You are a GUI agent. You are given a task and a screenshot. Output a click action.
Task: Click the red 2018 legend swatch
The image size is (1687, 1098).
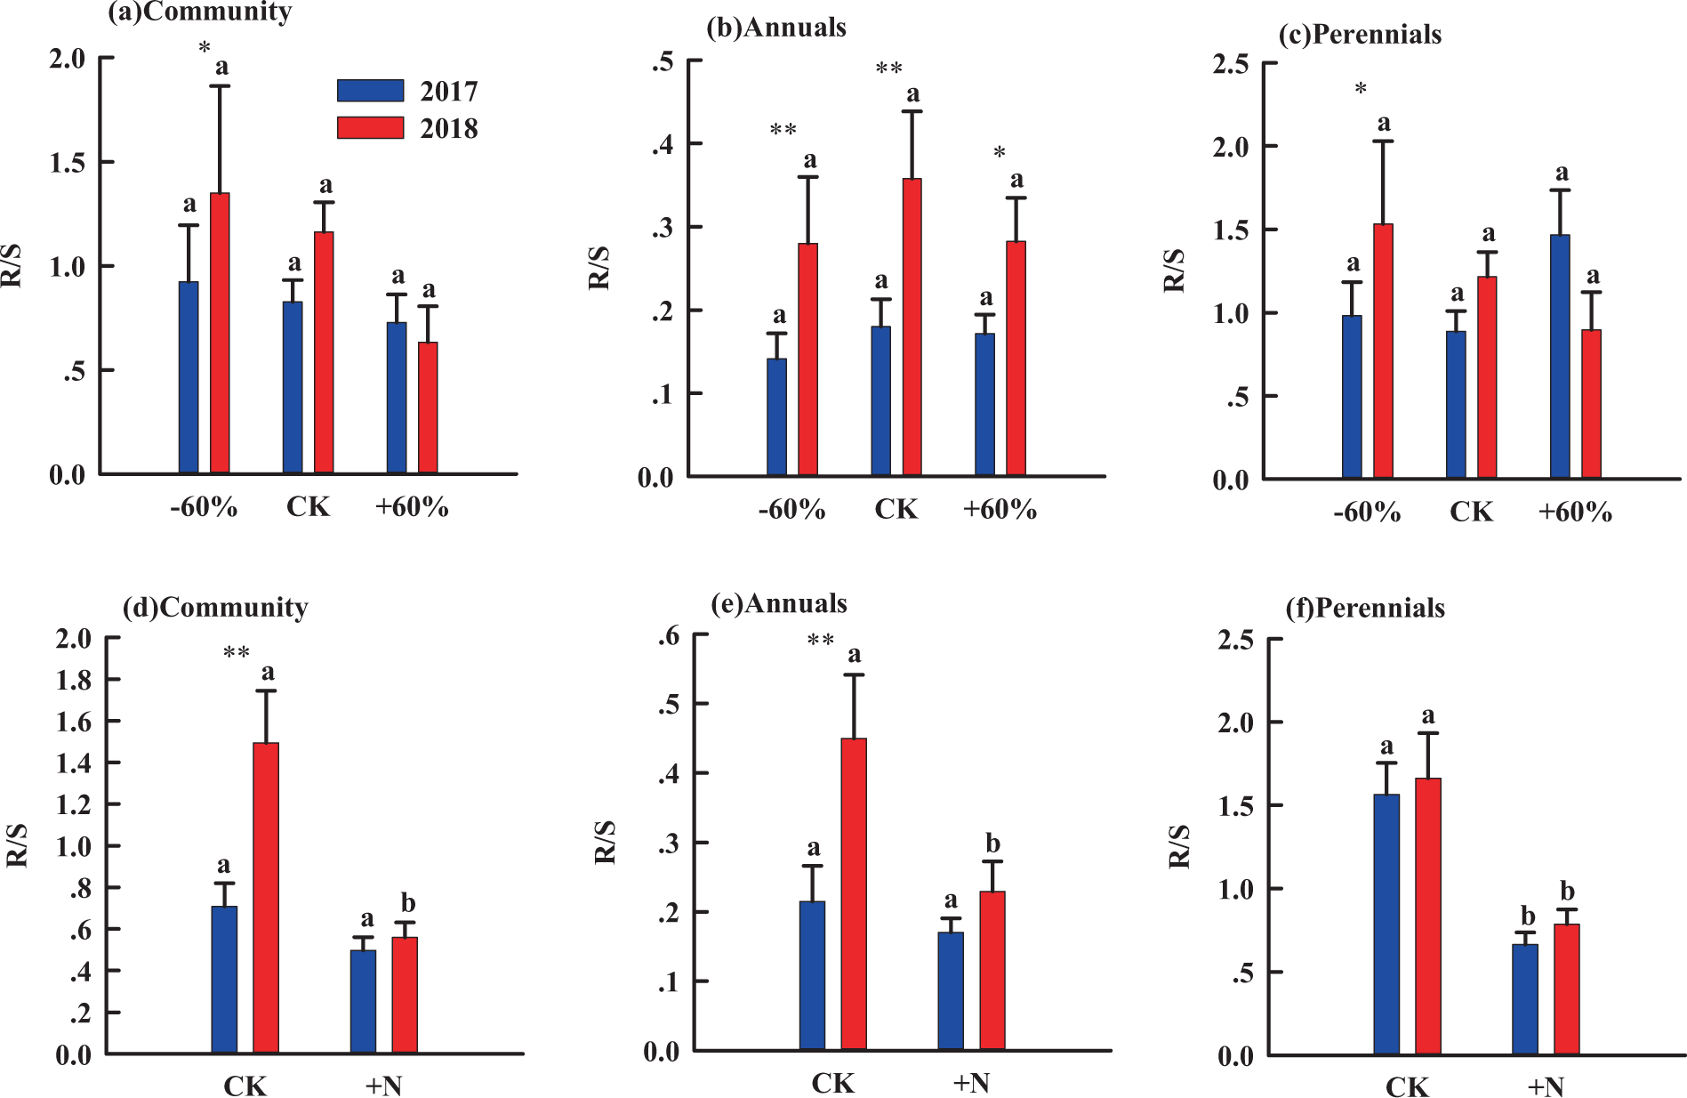click(370, 127)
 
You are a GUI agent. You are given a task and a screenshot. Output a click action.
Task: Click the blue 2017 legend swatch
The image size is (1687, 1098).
click(370, 91)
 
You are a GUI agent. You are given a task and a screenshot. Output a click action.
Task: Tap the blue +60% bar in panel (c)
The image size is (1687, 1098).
click(1560, 357)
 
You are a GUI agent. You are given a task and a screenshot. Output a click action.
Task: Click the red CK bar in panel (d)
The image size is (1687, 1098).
click(266, 898)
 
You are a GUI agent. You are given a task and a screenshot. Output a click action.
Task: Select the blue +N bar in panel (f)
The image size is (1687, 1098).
click(1525, 999)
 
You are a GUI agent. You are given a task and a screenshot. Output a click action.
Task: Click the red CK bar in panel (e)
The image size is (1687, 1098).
click(854, 894)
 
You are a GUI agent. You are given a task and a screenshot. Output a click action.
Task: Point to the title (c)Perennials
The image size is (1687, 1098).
click(1360, 35)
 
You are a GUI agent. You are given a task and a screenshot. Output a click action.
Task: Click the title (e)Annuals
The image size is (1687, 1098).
click(779, 604)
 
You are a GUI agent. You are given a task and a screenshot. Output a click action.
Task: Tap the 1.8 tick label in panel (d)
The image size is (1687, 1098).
click(74, 681)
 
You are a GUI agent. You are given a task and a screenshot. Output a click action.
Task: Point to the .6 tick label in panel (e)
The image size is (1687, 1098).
click(669, 636)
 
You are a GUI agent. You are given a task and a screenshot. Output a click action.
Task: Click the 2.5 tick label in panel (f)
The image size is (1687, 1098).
click(1235, 641)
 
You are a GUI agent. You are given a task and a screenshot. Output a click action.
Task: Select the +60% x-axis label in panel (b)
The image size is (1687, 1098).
click(1000, 510)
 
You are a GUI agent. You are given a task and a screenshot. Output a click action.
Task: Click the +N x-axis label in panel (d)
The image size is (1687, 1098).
click(383, 1086)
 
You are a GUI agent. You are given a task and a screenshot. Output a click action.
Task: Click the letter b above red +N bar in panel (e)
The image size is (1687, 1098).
click(992, 844)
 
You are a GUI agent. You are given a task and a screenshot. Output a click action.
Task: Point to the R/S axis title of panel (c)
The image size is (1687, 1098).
click(1175, 270)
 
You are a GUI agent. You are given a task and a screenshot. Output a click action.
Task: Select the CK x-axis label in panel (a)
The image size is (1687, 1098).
click(308, 507)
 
